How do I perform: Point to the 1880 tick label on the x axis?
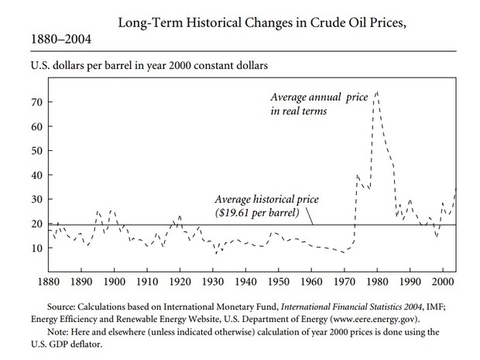click(50, 279)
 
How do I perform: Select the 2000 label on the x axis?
click(443, 279)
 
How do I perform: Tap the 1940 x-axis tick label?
click(245, 279)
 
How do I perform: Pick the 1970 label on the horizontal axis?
click(345, 279)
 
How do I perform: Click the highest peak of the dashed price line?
click(376, 92)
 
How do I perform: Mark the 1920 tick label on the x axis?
click(180, 279)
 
